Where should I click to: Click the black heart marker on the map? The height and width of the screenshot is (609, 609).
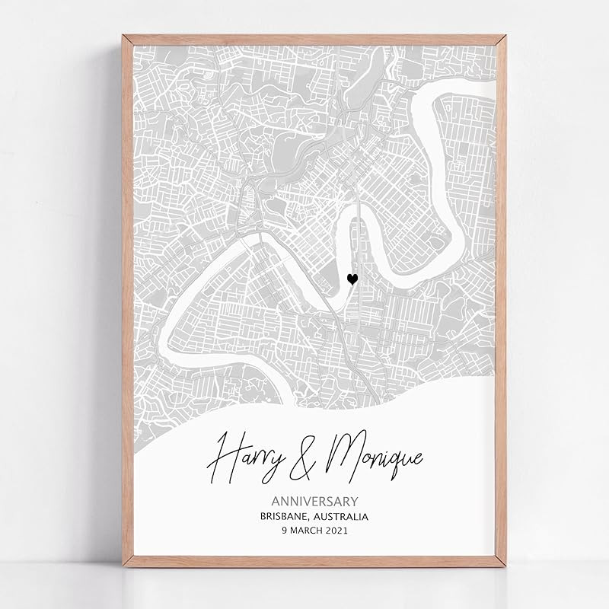pyautogui.click(x=352, y=279)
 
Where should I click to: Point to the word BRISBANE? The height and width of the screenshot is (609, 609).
pyautogui.click(x=285, y=516)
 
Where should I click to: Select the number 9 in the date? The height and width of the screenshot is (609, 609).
pyautogui.click(x=284, y=531)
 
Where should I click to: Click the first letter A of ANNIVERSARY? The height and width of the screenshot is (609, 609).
pyautogui.click(x=276, y=501)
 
